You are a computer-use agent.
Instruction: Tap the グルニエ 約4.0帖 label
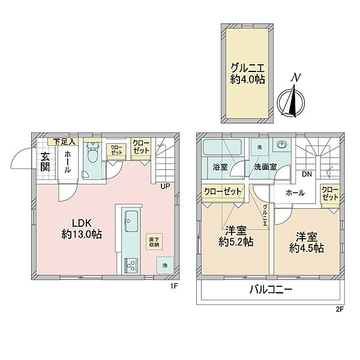pos(246,73)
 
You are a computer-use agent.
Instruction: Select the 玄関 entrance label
pos(46,162)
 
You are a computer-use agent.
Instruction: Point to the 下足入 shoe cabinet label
pos(65,142)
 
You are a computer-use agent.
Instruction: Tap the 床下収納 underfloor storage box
pos(154,242)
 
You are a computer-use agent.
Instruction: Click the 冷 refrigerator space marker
pos(164,263)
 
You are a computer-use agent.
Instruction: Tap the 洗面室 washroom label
pos(264,166)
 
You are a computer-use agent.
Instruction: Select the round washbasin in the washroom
pos(280,145)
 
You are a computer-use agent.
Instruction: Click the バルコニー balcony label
pos(271,292)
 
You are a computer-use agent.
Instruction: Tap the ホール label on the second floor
pos(295,193)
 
